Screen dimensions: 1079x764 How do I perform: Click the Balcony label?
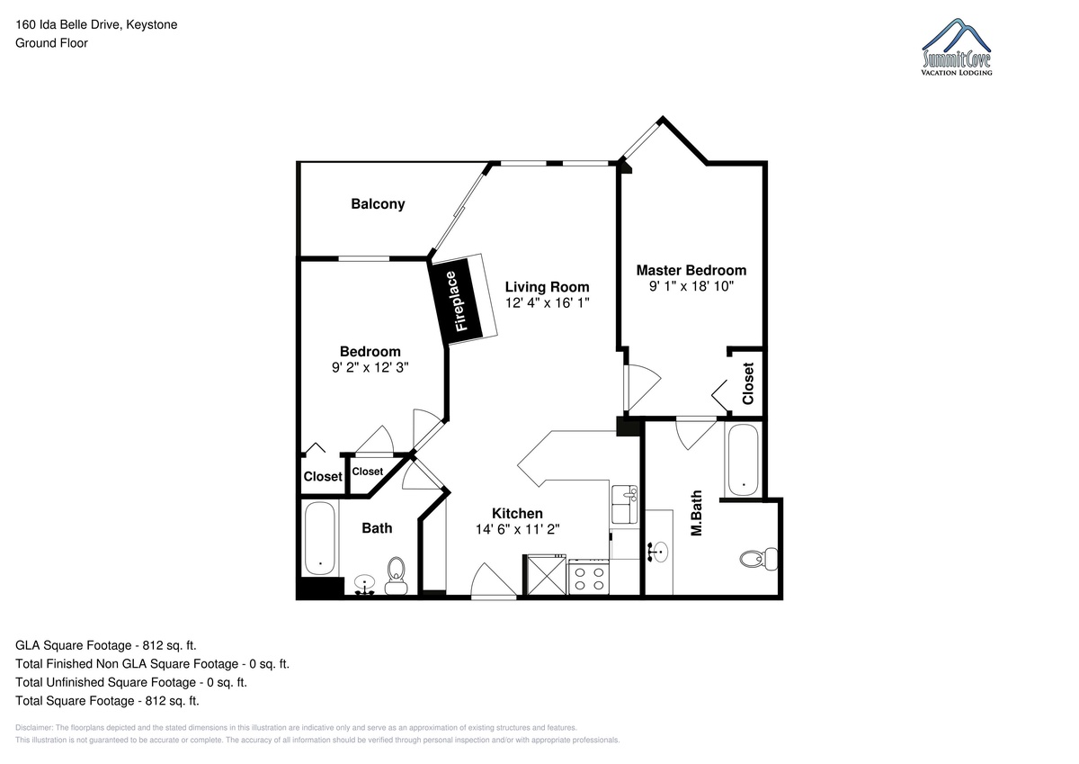tap(378, 204)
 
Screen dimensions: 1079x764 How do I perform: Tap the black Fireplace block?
tap(455, 301)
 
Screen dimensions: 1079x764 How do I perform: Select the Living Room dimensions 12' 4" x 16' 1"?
tap(548, 302)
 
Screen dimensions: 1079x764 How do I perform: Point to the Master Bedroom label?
tap(691, 270)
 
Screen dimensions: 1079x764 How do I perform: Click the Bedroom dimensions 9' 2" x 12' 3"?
tap(370, 367)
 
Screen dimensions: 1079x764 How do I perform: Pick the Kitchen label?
tap(517, 513)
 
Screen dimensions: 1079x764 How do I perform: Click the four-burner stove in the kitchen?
tap(589, 577)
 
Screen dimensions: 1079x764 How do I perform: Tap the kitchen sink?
tap(624, 504)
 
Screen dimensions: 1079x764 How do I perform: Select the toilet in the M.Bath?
tap(759, 559)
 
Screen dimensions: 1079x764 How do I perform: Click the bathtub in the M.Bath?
tap(744, 460)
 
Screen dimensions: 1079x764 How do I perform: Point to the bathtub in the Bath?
tap(320, 538)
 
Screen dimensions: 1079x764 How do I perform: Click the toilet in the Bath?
tap(396, 576)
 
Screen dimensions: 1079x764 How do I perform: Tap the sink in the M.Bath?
tap(659, 552)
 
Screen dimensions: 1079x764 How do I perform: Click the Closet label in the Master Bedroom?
tap(747, 383)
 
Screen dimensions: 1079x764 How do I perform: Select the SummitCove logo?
tap(956, 47)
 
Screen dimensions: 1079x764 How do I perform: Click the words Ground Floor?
tap(51, 43)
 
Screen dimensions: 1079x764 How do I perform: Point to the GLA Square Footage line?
tap(106, 645)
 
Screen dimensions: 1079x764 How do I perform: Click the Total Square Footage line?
tap(107, 700)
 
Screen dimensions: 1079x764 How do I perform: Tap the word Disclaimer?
tap(34, 728)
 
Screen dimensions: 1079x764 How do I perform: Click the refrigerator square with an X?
tap(547, 576)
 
